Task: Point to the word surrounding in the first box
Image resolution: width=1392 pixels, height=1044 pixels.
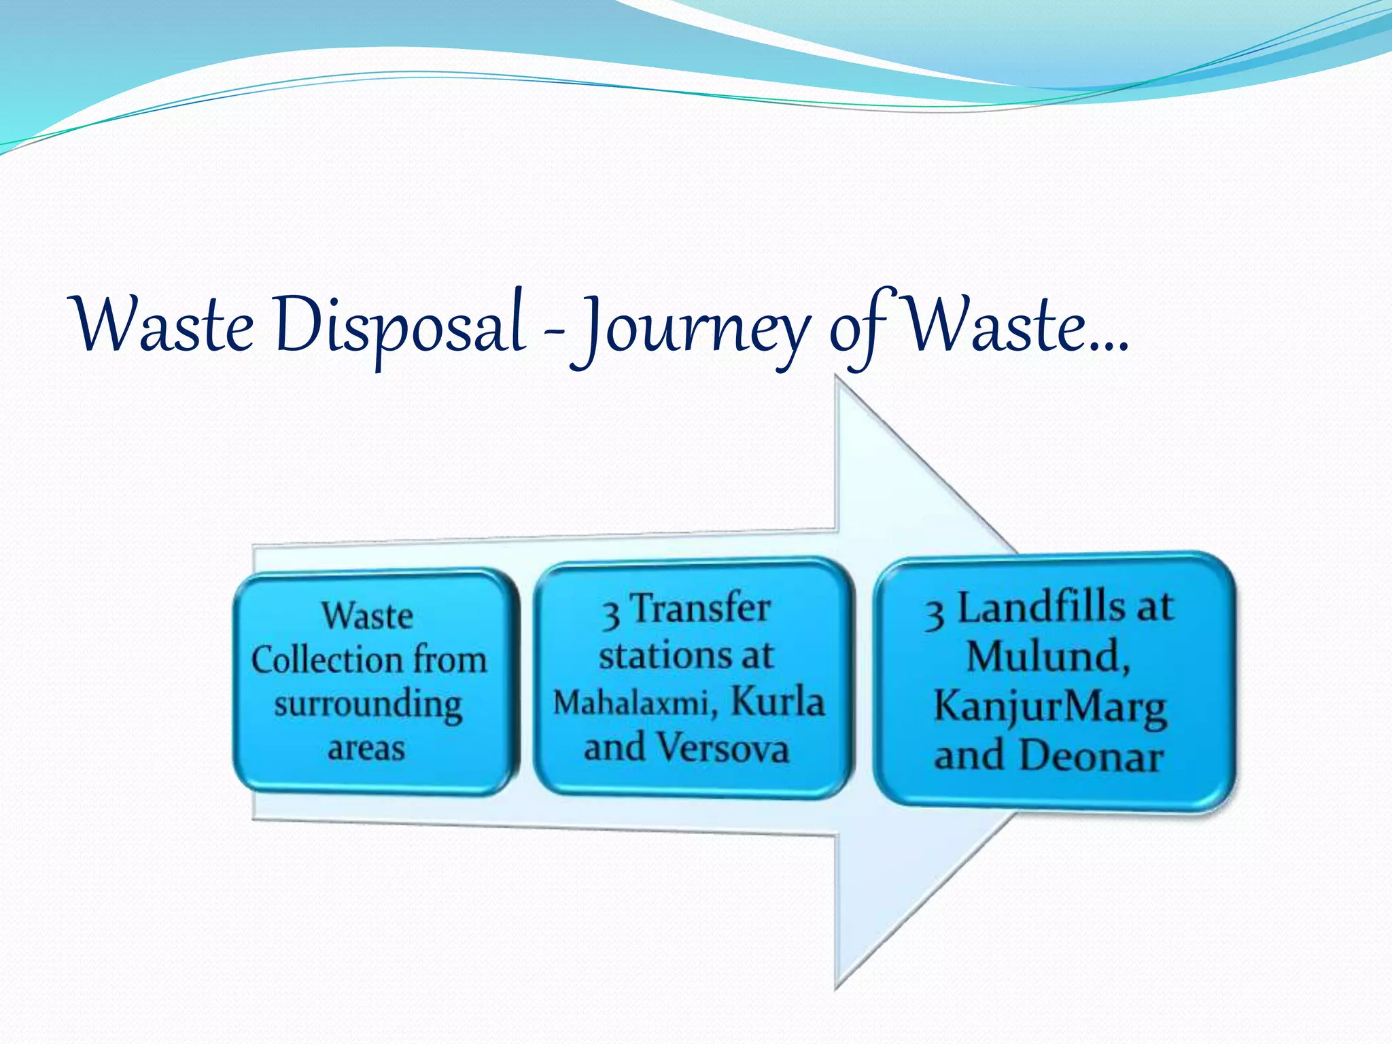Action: click(368, 705)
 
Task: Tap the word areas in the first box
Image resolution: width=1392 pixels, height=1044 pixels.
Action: click(366, 748)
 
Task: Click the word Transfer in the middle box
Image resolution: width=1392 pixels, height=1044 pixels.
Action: click(701, 608)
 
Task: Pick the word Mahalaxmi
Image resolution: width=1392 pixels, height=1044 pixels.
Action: click(629, 703)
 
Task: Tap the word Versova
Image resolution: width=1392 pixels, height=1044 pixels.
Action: click(724, 748)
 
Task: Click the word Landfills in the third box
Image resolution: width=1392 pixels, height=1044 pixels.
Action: click(1041, 607)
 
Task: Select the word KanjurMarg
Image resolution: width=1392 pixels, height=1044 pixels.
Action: click(1050, 707)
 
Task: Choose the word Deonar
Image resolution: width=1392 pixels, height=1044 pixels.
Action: click(1091, 756)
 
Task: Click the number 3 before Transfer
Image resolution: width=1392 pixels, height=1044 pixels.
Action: click(610, 614)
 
